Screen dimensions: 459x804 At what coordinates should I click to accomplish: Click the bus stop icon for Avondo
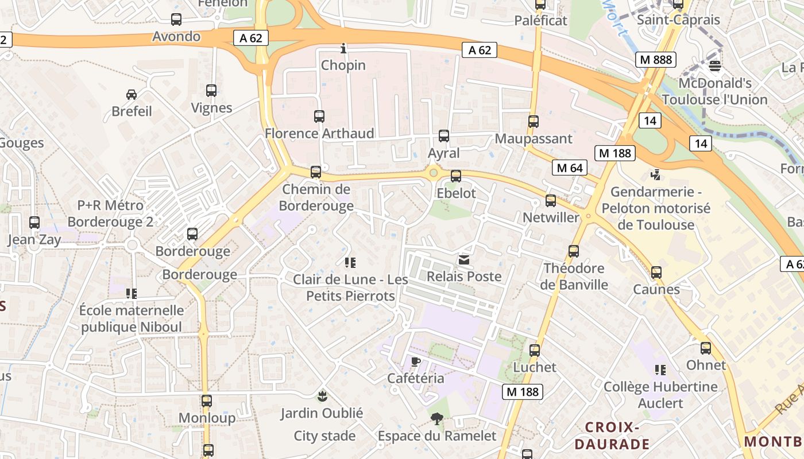point(176,20)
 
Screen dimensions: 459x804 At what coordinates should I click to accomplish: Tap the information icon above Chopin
point(343,48)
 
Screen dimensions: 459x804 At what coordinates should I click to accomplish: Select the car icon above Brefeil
point(132,94)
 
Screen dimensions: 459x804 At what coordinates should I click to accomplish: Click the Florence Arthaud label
point(319,134)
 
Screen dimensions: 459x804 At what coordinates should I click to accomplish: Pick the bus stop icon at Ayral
point(444,136)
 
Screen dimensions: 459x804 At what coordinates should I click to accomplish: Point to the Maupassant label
point(534,139)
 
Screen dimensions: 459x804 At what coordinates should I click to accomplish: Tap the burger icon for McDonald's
point(715,66)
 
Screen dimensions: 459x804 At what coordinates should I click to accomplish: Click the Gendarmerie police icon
point(656,174)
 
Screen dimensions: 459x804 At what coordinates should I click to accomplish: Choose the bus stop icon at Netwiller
point(551,201)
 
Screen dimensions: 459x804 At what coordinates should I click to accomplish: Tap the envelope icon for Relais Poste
point(464,260)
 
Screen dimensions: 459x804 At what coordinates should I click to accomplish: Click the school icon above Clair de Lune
point(350,263)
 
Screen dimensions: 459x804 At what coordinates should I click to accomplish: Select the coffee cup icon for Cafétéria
point(416,361)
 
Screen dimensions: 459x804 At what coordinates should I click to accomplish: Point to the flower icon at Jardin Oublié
point(322,395)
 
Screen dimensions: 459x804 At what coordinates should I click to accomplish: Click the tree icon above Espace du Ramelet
point(437,419)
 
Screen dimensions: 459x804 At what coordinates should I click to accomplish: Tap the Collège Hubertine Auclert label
point(660,395)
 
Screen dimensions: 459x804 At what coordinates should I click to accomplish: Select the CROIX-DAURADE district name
point(612,435)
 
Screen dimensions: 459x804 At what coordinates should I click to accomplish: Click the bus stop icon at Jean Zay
point(34,223)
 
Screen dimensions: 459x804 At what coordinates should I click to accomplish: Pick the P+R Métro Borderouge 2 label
point(111,213)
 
